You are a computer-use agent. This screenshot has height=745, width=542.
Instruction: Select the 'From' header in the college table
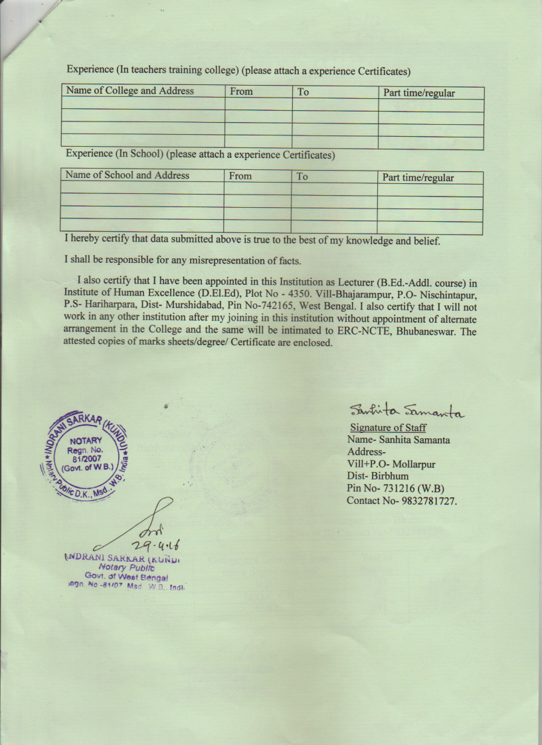tap(241, 92)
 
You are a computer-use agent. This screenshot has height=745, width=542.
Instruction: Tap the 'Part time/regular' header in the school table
tap(418, 178)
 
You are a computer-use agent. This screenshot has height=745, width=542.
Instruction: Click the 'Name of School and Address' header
tap(128, 175)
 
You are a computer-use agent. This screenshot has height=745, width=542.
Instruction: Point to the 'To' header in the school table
tap(302, 177)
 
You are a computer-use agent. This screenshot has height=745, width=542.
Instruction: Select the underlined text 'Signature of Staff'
tap(388, 428)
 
